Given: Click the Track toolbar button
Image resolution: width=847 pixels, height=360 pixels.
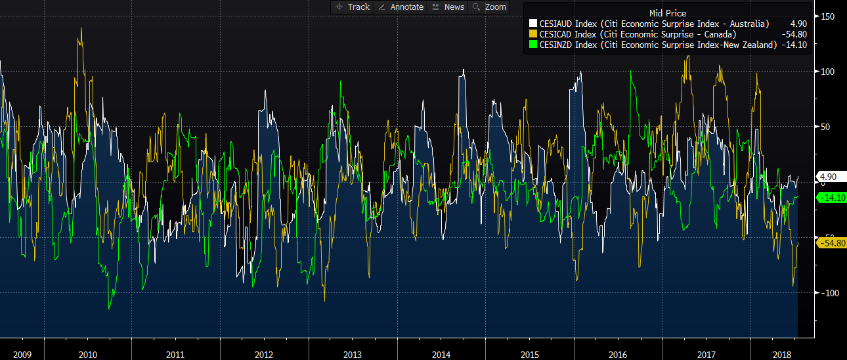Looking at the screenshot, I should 353,7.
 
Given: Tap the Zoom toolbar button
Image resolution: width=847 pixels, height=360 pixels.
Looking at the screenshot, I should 490,7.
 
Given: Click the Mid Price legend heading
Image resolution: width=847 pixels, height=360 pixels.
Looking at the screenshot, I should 667,13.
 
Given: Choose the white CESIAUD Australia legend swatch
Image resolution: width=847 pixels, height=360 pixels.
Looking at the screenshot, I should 532,24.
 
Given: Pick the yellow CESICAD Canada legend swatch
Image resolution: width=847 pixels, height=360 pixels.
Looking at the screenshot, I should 532,34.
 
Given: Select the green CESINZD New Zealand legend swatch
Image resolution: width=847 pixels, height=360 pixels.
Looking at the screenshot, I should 532,45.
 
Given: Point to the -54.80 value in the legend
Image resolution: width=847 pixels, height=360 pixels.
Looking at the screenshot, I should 793,34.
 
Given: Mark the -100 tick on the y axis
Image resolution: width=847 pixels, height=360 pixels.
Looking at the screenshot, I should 827,292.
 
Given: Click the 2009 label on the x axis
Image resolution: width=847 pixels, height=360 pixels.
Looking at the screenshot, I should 22,355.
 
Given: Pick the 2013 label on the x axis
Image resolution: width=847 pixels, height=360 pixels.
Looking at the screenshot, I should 353,355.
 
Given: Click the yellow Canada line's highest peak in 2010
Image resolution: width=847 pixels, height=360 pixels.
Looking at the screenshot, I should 81,28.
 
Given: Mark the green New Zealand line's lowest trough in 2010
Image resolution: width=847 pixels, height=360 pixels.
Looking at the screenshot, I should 109,308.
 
